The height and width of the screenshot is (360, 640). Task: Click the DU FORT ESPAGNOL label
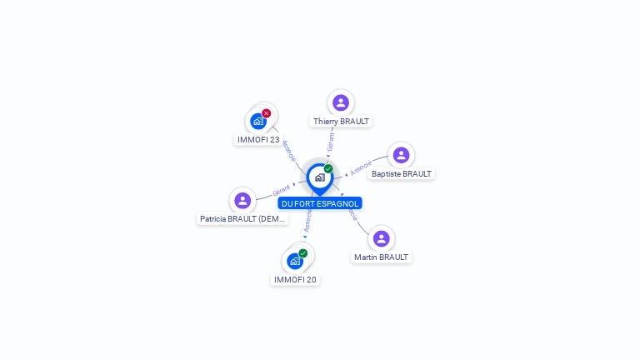[x=320, y=203]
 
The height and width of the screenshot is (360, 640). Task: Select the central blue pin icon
[x=319, y=177]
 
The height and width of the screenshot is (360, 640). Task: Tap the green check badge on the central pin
[x=328, y=168]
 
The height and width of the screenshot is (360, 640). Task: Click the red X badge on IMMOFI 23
[x=267, y=113]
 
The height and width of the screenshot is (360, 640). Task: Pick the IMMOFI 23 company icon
[x=258, y=122]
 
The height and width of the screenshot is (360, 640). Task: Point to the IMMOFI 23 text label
[x=258, y=140]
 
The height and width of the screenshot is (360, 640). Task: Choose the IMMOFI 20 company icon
[x=295, y=262]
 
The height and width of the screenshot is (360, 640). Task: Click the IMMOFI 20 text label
[x=295, y=280]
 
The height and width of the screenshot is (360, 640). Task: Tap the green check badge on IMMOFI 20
[x=303, y=253]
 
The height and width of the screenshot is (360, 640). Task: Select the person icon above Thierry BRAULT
[x=340, y=102]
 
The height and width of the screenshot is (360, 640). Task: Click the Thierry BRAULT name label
[x=341, y=121]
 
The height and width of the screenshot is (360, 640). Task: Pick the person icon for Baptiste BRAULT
[x=401, y=155]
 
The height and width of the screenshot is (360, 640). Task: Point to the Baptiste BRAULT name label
[x=402, y=174]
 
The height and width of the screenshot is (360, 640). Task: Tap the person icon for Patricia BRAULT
[x=242, y=200]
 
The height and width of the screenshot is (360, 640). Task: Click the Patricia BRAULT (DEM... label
[x=242, y=219]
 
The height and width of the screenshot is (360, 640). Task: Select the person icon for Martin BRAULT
[x=381, y=238]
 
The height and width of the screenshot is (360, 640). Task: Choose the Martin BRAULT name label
[x=381, y=257]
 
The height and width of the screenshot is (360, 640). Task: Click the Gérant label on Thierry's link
[x=331, y=142]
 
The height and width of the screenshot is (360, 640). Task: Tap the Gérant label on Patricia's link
[x=282, y=191]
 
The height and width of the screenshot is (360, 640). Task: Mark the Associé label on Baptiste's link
[x=360, y=168]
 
